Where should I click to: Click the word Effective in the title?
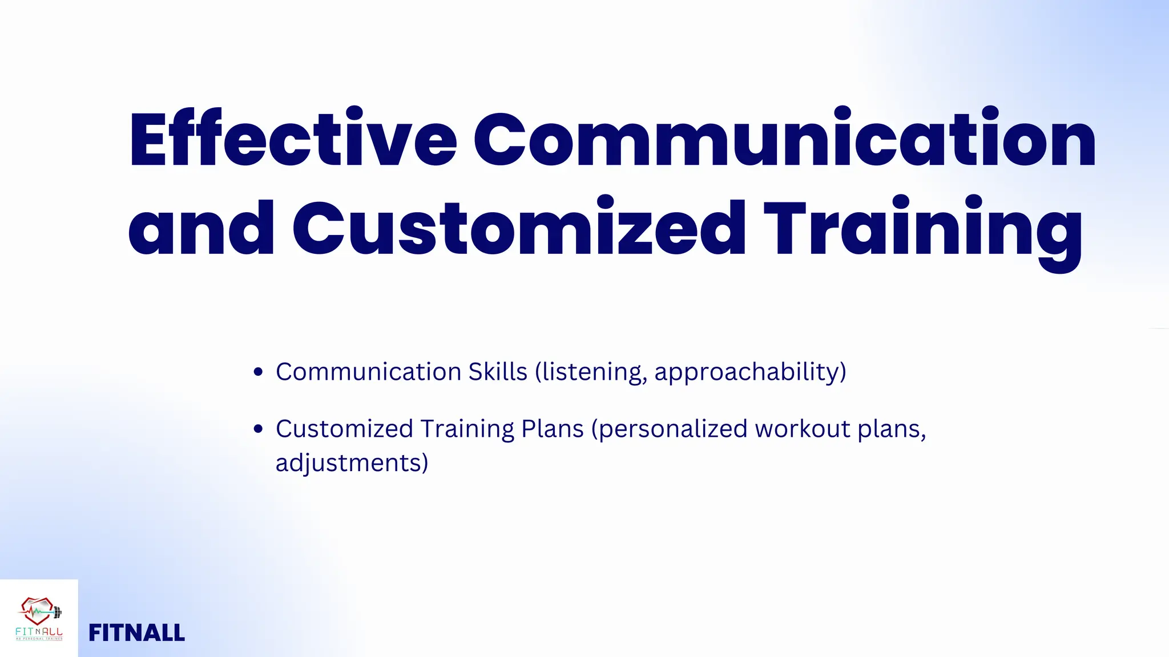point(293,140)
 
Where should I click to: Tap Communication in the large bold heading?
point(784,140)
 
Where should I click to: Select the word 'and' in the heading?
point(201,228)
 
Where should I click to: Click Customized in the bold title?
point(519,228)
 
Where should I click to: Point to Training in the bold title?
point(922,228)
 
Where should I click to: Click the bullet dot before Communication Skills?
point(258,372)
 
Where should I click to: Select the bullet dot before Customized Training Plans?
point(258,429)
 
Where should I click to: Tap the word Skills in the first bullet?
point(498,372)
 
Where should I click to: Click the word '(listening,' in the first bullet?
point(591,372)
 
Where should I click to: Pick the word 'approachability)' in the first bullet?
point(750,372)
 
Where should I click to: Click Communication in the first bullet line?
point(369,372)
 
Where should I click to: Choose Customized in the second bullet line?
point(344,429)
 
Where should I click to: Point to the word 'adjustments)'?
point(352,463)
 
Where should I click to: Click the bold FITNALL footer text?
point(137,633)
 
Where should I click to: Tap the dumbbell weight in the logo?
point(57,613)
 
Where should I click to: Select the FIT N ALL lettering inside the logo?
point(39,632)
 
